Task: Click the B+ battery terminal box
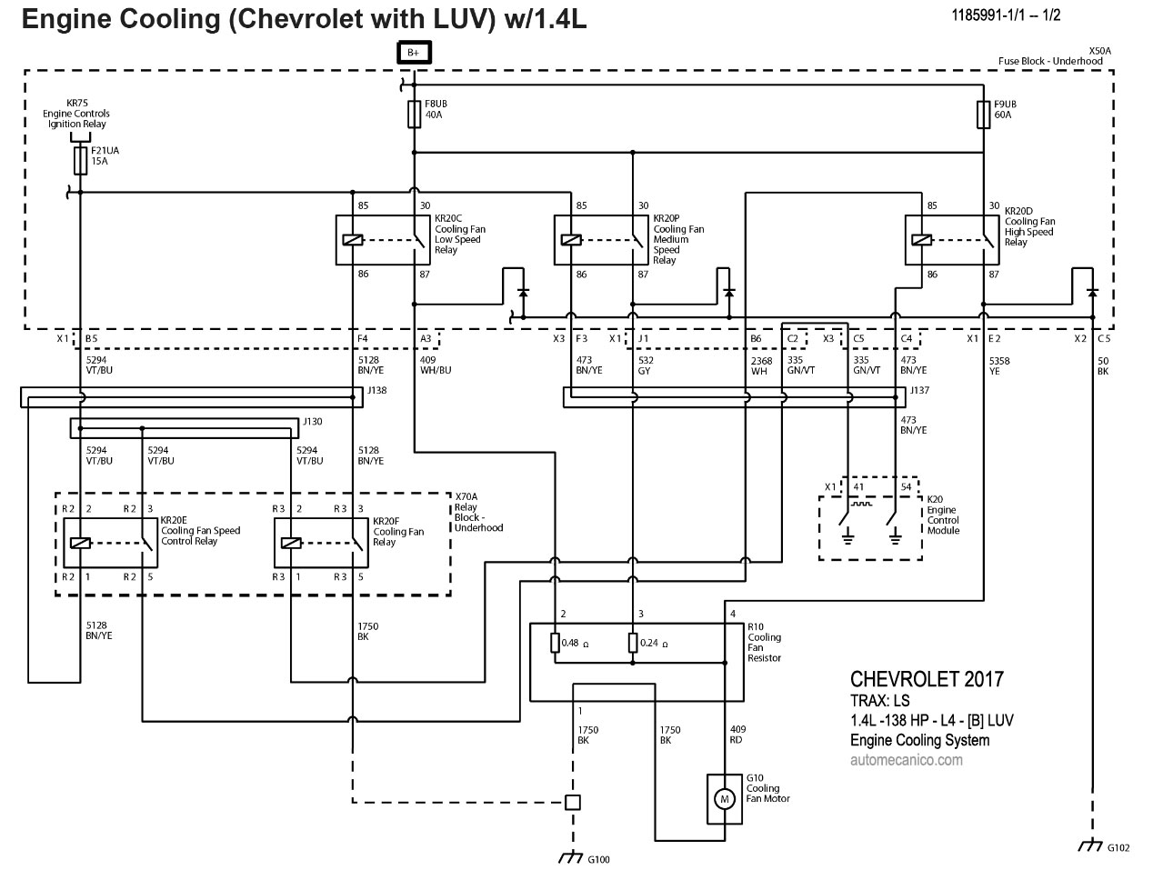(x=414, y=53)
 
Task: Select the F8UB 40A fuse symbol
(x=414, y=115)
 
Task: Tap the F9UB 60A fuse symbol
(x=983, y=115)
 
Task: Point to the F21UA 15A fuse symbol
(x=80, y=161)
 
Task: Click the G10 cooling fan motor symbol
(x=725, y=799)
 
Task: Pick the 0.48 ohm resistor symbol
(x=555, y=644)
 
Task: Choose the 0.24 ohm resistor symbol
(x=633, y=644)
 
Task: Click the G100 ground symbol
(x=572, y=857)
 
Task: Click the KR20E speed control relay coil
(x=80, y=544)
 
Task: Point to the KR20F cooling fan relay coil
(x=292, y=544)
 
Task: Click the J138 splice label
(x=376, y=390)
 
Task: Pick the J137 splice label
(x=919, y=390)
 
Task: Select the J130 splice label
(x=314, y=422)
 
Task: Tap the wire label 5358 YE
(x=999, y=366)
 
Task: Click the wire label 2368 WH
(x=761, y=366)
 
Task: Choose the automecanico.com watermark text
(x=906, y=759)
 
